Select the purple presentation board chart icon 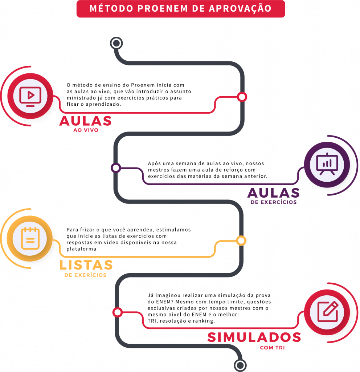click(x=327, y=164)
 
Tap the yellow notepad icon click(x=30, y=238)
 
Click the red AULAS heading click(x=85, y=121)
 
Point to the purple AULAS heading click(x=273, y=193)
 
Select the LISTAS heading click(x=86, y=265)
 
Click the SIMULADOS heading click(x=254, y=337)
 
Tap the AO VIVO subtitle click(x=86, y=130)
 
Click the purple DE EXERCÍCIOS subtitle click(x=273, y=202)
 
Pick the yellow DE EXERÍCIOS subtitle click(x=85, y=275)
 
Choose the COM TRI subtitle click(x=272, y=348)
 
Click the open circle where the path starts click(x=116, y=44)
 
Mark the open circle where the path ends click(x=240, y=365)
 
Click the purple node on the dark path click(x=116, y=168)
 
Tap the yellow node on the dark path click(x=241, y=240)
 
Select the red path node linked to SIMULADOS click(x=117, y=312)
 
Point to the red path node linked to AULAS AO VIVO click(x=242, y=97)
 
